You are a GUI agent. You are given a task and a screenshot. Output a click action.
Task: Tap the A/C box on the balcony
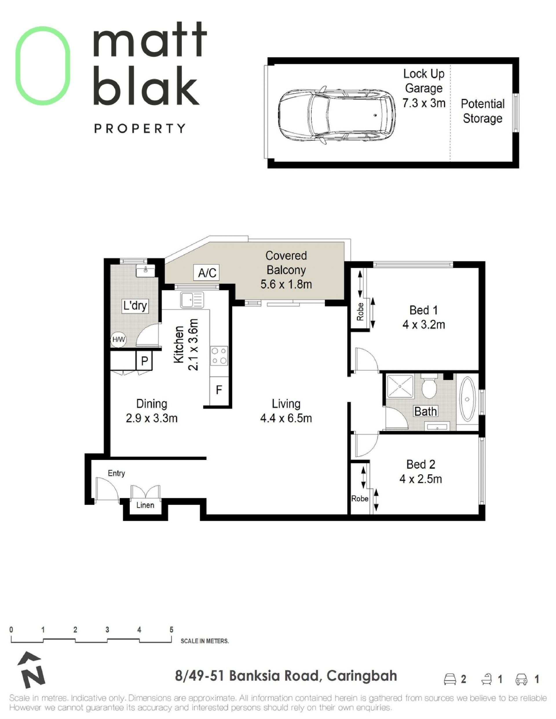pyautogui.click(x=207, y=273)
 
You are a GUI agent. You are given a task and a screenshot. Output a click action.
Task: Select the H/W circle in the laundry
pyautogui.click(x=118, y=340)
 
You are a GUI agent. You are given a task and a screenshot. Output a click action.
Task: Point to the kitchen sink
pyautogui.click(x=192, y=300)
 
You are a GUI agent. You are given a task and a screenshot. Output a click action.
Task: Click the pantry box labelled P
pyautogui.click(x=144, y=361)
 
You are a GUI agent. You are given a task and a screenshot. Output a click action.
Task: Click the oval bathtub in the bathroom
pyautogui.click(x=467, y=399)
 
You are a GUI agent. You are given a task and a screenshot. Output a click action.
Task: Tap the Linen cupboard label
pyautogui.click(x=145, y=505)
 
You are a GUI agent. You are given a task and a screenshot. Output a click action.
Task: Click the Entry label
pyautogui.click(x=116, y=473)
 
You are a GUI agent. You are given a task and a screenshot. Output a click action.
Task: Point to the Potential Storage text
pyautogui.click(x=482, y=111)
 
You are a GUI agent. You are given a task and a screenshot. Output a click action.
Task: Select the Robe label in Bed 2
pyautogui.click(x=360, y=499)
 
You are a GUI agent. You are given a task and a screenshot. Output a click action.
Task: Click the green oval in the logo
pyautogui.click(x=43, y=66)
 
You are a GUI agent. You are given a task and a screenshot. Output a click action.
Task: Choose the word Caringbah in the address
pyautogui.click(x=362, y=676)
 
